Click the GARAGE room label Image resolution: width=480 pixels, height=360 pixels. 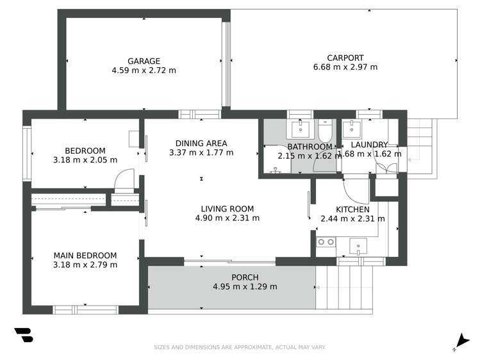pyautogui.click(x=144, y=61)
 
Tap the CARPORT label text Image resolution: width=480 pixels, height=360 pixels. pyautogui.click(x=345, y=57)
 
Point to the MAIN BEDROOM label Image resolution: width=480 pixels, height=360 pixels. pyautogui.click(x=85, y=256)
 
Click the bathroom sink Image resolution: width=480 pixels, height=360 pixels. pyautogui.click(x=300, y=130)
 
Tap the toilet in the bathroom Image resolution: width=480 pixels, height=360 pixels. pyautogui.click(x=325, y=131)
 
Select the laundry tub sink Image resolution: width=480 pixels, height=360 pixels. pyautogui.click(x=352, y=130)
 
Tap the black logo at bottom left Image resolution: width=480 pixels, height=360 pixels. pyautogui.click(x=24, y=336)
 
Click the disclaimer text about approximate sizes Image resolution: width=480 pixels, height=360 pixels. pyautogui.click(x=240, y=347)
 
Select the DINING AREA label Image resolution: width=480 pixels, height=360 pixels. pyautogui.click(x=201, y=143)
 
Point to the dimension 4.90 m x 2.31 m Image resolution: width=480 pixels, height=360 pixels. pyautogui.click(x=228, y=218)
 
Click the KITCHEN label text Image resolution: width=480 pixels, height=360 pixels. pyautogui.click(x=352, y=209)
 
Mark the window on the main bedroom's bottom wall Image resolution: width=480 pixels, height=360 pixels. pyautogui.click(x=85, y=309)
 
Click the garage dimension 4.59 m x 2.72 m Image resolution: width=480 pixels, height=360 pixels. pyautogui.click(x=144, y=70)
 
